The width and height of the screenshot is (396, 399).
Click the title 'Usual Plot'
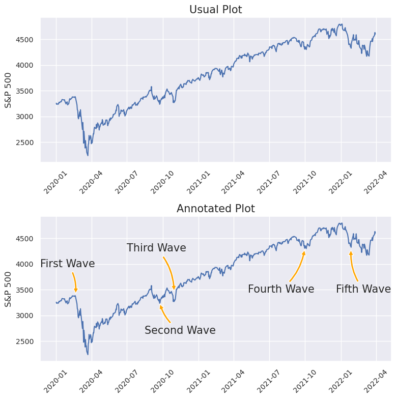(x=215, y=10)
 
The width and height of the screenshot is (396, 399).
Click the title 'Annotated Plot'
(x=215, y=209)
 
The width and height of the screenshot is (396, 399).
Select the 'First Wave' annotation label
(x=68, y=264)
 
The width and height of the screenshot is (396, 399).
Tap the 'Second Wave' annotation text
(x=180, y=330)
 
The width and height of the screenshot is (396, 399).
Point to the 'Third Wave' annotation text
(x=156, y=248)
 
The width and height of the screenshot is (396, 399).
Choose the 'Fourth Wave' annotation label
(x=281, y=289)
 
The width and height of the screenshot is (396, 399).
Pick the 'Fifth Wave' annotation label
(x=363, y=289)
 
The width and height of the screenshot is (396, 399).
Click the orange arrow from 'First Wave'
(x=75, y=281)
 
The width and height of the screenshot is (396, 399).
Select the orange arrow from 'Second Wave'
(x=164, y=315)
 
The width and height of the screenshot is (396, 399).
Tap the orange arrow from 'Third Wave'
(x=171, y=272)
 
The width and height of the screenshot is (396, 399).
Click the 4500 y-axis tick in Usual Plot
(x=28, y=40)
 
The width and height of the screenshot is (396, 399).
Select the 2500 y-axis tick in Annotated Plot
(x=28, y=341)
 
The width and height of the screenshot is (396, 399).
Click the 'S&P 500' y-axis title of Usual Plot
(x=8, y=90)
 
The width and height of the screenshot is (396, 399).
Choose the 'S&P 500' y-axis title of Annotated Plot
(x=8, y=289)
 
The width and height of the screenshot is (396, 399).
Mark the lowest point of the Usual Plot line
(x=88, y=155)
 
